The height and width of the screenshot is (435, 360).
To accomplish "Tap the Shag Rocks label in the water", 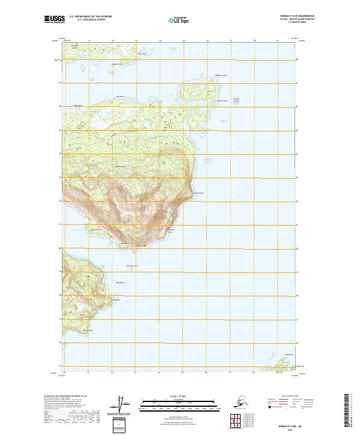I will pos(119,281).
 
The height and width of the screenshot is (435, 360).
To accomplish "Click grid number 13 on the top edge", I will pos(136,41).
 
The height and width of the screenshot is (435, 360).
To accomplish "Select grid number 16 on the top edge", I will pos(207,41).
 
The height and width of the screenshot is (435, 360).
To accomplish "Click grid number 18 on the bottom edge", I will pos(254,373).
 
